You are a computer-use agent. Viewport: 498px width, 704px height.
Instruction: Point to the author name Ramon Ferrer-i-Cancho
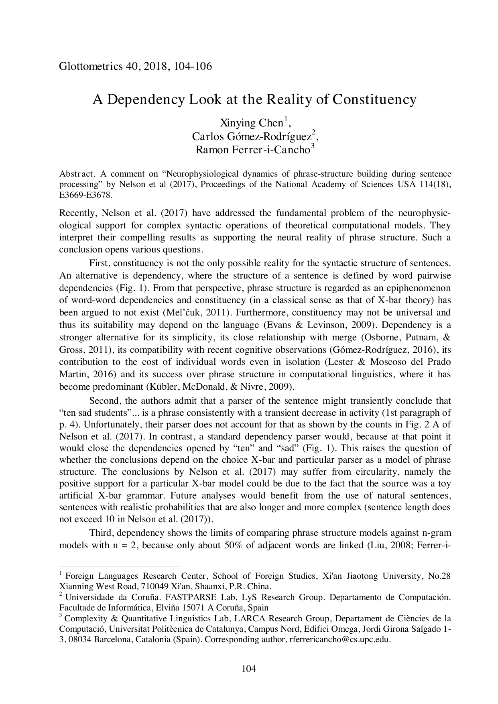(x=252, y=150)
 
